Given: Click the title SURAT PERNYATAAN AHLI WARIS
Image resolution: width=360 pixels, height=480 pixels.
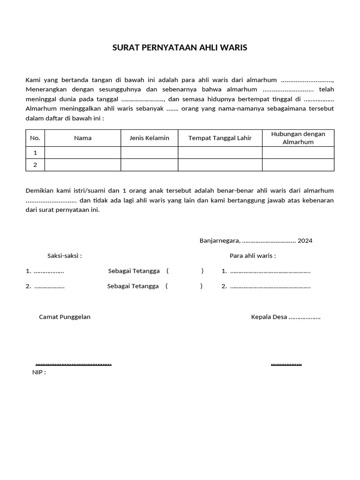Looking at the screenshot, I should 180,48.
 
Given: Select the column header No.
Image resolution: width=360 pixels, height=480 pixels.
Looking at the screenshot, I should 35,138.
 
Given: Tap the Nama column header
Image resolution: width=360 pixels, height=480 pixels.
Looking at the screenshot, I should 82,138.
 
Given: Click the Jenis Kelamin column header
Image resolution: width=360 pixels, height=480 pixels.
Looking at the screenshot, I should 149,138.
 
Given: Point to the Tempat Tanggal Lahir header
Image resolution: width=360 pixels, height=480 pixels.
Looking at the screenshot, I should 220,138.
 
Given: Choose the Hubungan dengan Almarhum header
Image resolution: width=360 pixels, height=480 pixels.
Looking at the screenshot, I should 298,138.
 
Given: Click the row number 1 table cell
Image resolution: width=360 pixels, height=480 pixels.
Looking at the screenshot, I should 35,153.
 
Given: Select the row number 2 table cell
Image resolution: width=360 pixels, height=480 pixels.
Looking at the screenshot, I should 35,165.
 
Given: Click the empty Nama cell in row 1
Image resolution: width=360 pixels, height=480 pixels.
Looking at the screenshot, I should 82,153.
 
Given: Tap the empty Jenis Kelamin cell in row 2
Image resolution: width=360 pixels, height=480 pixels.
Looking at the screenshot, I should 149,165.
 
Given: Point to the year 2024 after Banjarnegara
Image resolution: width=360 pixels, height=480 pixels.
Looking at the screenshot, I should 305,241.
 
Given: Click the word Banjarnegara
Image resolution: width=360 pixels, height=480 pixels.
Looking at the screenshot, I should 220,241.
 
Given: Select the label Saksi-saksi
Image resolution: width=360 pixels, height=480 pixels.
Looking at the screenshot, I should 65,256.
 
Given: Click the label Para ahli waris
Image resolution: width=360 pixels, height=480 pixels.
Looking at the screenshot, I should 253,256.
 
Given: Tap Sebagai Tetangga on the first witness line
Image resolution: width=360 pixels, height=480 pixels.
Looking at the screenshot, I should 134,271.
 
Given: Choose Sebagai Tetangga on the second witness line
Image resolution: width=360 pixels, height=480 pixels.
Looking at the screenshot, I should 133,286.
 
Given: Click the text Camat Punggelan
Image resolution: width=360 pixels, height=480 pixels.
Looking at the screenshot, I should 65,317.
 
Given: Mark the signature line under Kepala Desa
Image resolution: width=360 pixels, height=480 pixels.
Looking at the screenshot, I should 286,364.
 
